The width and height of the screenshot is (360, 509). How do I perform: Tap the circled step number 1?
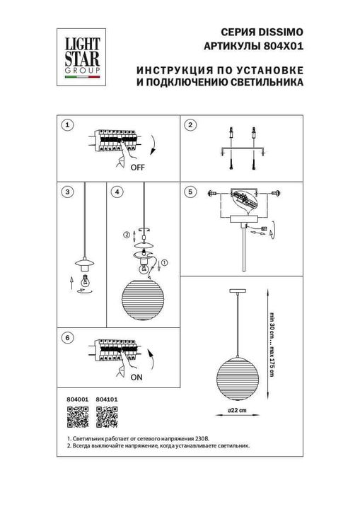point(66,125)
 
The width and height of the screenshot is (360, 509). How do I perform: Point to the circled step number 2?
point(190,125)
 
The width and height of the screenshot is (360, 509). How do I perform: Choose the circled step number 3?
point(66,192)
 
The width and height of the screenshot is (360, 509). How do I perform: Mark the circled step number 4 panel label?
point(117,192)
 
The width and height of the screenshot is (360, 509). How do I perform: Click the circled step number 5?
point(190,192)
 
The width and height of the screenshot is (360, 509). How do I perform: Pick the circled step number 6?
point(66,338)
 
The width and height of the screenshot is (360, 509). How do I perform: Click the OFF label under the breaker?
point(137,168)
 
